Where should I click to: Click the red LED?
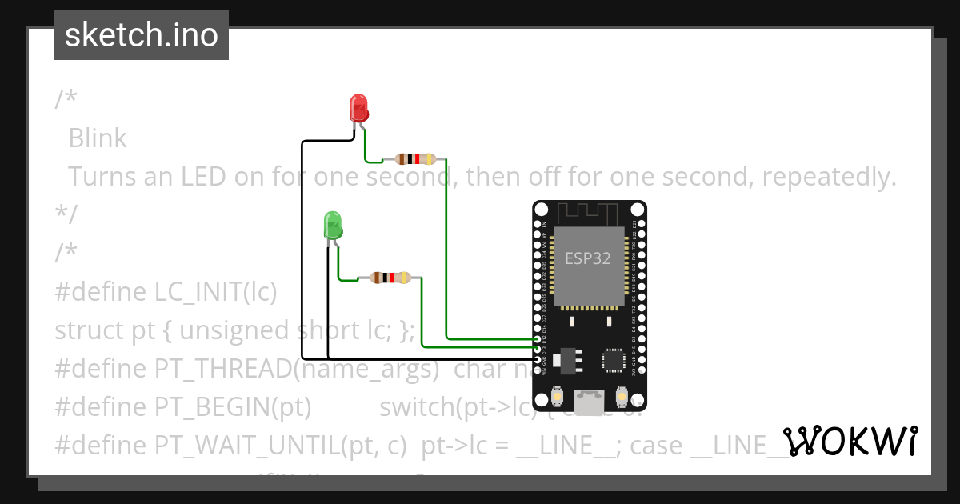click(358, 108)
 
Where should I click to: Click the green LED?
click(333, 225)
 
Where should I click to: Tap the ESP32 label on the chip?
click(588, 258)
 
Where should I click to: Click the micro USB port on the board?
click(590, 402)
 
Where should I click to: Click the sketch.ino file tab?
click(142, 35)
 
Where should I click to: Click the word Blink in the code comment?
click(98, 138)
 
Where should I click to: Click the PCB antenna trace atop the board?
click(589, 213)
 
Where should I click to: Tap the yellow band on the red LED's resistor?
click(430, 158)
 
